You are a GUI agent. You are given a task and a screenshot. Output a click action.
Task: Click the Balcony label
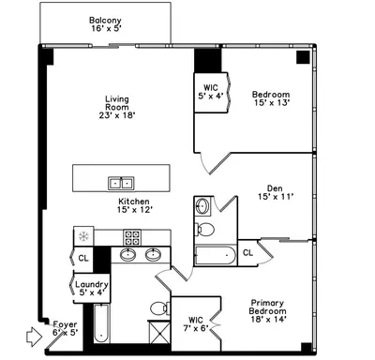pyautogui.click(x=105, y=21)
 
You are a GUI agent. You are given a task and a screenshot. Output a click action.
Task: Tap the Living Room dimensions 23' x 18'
pyautogui.click(x=117, y=115)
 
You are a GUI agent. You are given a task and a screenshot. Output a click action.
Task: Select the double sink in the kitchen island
pyautogui.click(x=121, y=184)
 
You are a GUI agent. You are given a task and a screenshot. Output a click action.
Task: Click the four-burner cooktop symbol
pyautogui.click(x=132, y=237)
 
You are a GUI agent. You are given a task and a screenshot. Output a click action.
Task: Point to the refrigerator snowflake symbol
pyautogui.click(x=83, y=236)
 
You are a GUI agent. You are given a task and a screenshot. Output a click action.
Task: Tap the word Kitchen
pyautogui.click(x=134, y=202)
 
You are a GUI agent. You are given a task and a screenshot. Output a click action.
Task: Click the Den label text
pyautogui.click(x=275, y=188)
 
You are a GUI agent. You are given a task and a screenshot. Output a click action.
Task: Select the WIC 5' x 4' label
pyautogui.click(x=211, y=92)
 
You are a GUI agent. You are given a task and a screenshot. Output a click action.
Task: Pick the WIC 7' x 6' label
pyautogui.click(x=196, y=324)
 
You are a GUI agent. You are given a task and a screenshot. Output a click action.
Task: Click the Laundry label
pyautogui.click(x=92, y=284)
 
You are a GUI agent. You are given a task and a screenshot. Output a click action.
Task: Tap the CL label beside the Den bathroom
pyautogui.click(x=247, y=252)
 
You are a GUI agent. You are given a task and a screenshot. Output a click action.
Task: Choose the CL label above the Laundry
pyautogui.click(x=83, y=258)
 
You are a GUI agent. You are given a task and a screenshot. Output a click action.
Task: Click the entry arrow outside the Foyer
pyautogui.click(x=34, y=337)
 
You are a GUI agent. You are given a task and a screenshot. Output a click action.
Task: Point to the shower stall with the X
pyautogui.click(x=159, y=333)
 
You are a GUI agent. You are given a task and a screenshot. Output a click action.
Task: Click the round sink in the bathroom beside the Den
pyautogui.click(x=202, y=206)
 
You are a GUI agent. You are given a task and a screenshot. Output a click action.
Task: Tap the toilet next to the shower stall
pyautogui.click(x=160, y=308)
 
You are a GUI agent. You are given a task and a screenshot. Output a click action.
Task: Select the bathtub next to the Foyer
pyautogui.click(x=101, y=323)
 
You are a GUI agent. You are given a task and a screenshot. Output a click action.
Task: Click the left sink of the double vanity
pyautogui.click(x=127, y=255)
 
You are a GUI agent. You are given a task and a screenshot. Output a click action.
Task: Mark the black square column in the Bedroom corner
pyautogui.click(x=303, y=57)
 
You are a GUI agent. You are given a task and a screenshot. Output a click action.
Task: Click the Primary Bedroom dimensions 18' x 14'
pyautogui.click(x=268, y=320)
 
